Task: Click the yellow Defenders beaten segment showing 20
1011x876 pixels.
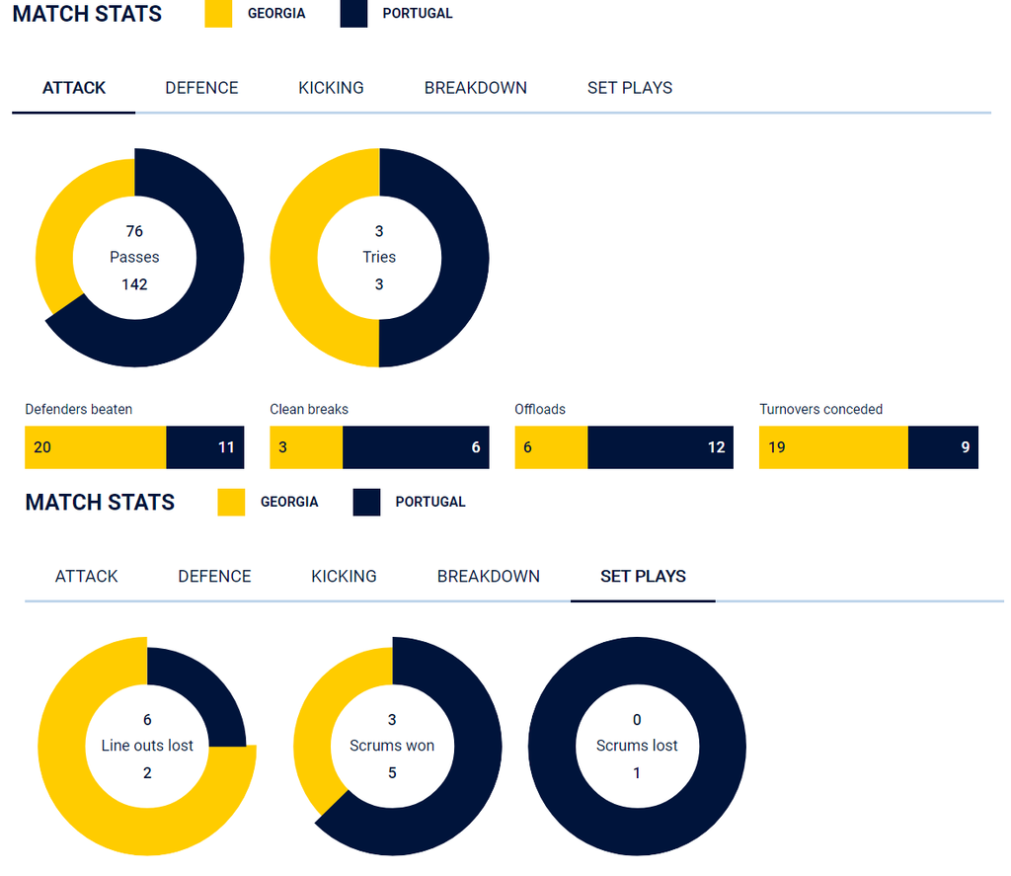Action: (x=95, y=447)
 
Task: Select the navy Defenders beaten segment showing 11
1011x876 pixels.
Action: (x=205, y=447)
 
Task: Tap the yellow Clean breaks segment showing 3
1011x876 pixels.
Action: (x=306, y=447)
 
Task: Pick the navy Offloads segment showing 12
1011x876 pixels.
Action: (x=661, y=447)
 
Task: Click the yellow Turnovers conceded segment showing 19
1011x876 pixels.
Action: (x=833, y=447)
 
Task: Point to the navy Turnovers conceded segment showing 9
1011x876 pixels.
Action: (x=943, y=447)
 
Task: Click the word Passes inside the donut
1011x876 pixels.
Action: (x=134, y=257)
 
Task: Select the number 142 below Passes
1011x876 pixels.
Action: (x=134, y=284)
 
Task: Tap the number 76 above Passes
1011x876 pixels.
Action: (x=134, y=231)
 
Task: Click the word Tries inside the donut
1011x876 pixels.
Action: (x=379, y=257)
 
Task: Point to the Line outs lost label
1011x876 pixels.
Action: (x=147, y=746)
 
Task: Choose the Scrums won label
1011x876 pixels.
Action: (x=392, y=746)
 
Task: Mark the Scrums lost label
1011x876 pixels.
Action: (x=637, y=746)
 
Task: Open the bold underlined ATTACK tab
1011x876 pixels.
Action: (x=74, y=88)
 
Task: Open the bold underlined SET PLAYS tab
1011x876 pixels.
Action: (x=643, y=577)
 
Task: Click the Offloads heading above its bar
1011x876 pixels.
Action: (x=540, y=409)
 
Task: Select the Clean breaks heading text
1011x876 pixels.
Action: (x=309, y=409)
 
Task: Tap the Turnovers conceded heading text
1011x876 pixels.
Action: (x=820, y=409)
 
